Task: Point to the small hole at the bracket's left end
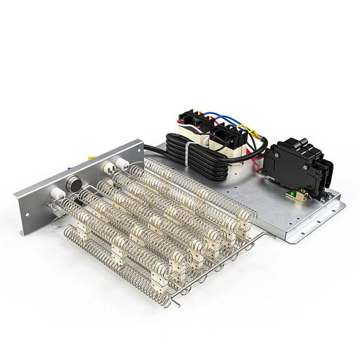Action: pyautogui.click(x=28, y=213)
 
